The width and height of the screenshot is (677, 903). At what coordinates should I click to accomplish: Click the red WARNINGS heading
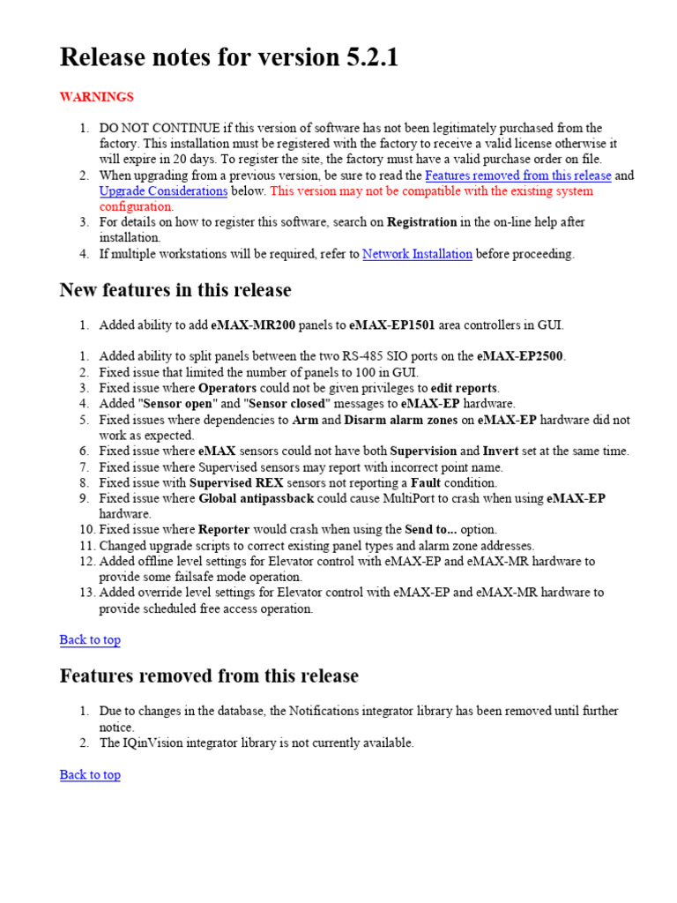point(96,96)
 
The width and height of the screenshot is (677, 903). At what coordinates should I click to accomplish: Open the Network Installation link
point(417,254)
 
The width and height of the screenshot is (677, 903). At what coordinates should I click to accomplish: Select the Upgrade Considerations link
point(163,190)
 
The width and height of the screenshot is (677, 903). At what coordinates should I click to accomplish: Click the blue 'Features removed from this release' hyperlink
point(517,175)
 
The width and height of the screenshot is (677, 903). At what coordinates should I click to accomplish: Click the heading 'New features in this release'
point(175,290)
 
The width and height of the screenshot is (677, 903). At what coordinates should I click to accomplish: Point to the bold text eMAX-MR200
point(254,325)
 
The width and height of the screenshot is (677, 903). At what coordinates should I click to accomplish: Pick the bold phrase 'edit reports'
point(465,388)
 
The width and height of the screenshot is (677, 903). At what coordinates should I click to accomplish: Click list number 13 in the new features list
point(86,593)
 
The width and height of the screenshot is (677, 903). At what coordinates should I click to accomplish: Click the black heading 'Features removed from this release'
point(209,676)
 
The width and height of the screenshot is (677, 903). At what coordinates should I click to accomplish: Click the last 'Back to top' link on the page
point(90,774)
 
